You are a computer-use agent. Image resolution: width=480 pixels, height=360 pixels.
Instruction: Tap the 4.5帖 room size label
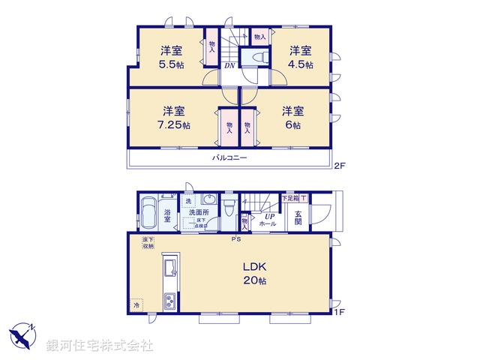(x=301, y=64)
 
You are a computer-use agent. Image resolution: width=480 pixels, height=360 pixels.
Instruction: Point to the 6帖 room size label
(x=292, y=125)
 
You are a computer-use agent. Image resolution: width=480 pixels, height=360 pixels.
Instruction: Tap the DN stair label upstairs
(x=229, y=65)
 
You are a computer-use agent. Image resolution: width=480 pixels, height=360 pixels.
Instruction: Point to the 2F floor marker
(x=340, y=165)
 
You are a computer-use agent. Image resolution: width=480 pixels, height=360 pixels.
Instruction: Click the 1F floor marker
(x=340, y=310)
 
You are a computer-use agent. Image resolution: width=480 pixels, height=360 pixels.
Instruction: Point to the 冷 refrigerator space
(x=136, y=304)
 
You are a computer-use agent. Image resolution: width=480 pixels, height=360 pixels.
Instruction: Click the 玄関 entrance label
(x=298, y=217)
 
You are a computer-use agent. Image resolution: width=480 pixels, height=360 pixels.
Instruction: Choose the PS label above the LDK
(x=235, y=240)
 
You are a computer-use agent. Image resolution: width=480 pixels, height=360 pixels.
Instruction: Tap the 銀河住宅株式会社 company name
(x=100, y=345)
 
